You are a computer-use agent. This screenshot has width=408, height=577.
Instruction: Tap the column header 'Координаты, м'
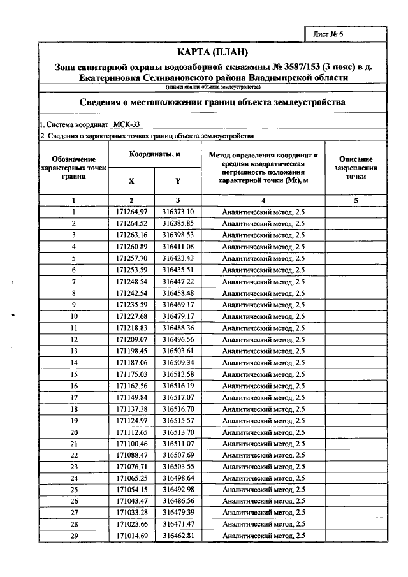[154, 155]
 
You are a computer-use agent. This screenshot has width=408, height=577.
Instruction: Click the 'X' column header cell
[131, 180]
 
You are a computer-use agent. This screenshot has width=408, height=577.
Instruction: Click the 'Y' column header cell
[177, 180]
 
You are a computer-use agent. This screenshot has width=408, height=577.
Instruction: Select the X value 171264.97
[131, 212]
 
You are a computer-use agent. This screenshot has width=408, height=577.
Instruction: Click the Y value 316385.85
[177, 223]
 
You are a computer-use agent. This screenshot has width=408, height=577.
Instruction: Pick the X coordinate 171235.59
[131, 305]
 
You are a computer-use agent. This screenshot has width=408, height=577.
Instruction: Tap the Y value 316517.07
[177, 397]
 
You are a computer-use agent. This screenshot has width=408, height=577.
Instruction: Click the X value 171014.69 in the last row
[131, 536]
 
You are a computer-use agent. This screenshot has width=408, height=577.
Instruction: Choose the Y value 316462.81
[177, 536]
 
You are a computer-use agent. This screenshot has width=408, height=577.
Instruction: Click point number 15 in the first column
[74, 374]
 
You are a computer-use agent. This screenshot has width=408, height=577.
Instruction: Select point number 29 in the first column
[74, 536]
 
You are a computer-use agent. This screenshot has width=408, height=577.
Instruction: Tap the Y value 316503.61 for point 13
[177, 351]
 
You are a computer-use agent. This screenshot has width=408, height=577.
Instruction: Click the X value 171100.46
[131, 443]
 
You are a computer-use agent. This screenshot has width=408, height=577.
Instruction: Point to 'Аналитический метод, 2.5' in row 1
[263, 212]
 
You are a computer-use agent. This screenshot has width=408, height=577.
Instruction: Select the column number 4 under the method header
[263, 201]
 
